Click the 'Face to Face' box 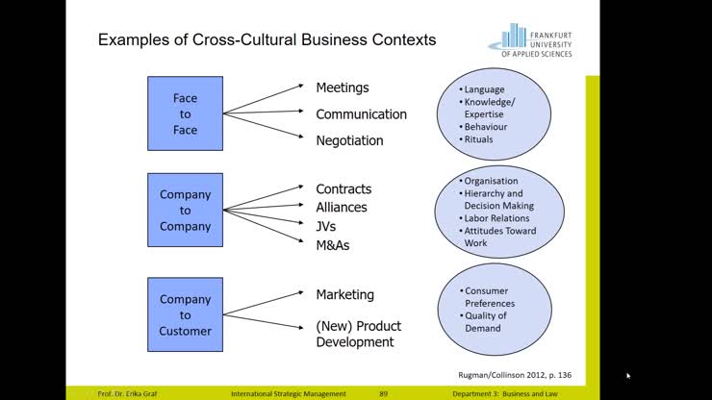(185, 113)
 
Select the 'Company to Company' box (185, 211)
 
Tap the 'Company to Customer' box (185, 315)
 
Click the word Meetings (343, 87)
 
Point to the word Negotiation (349, 140)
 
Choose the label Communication (361, 114)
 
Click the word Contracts (343, 189)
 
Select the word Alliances (342, 207)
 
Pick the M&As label (333, 244)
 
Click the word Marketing (344, 294)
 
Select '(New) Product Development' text (358, 333)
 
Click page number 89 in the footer (383, 394)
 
